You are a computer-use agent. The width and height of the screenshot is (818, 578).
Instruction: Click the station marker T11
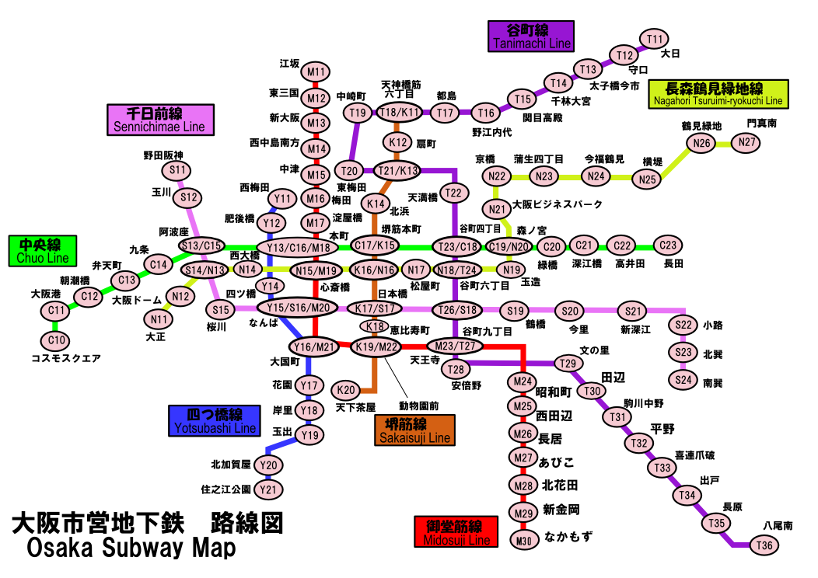pos(655,39)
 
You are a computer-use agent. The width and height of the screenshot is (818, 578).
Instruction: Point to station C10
pos(54,340)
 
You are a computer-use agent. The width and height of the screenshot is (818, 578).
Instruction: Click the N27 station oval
pos(747,142)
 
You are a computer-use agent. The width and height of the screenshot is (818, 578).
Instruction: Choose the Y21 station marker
pos(270,489)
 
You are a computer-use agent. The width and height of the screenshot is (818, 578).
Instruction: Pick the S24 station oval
pos(683,380)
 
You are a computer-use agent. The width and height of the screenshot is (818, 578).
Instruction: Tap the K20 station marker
pos(348,389)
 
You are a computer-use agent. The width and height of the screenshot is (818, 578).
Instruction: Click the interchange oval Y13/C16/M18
pos(299,248)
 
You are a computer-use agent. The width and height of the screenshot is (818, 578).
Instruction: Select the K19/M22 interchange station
pos(376,346)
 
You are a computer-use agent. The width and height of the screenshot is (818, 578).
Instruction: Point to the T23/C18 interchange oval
pos(456,247)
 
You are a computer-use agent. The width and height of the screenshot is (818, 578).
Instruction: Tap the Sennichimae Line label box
pos(160,120)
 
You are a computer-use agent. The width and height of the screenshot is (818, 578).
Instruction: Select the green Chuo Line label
pos(43,251)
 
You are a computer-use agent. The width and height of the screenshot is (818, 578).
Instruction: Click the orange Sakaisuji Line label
pos(414,430)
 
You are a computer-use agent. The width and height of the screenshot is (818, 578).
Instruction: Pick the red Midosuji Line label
pos(455,532)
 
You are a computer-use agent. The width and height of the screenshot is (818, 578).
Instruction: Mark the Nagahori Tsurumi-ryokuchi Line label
pos(718,94)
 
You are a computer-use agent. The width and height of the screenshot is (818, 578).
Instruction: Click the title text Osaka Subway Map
pos(131,548)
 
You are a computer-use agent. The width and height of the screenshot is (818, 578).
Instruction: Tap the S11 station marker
pos(177,170)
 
